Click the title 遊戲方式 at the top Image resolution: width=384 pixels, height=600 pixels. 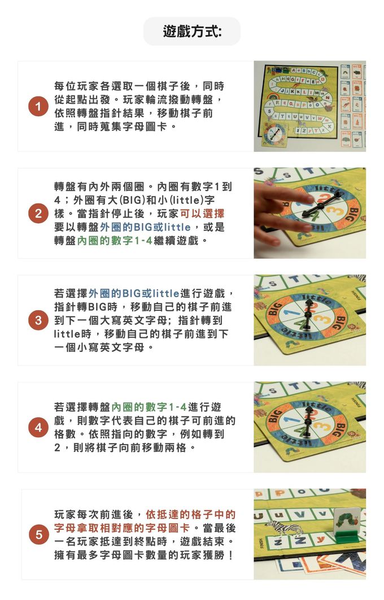point(192,31)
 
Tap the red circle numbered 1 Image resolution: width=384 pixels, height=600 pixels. point(38,107)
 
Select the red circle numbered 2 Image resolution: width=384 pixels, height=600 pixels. point(38,214)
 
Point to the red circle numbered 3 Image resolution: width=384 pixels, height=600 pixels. point(38,321)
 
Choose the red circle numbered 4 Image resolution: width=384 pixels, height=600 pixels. point(38,428)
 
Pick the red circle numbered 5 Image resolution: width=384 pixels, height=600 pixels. point(38,535)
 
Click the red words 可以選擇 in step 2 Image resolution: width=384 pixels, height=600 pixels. point(202,214)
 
